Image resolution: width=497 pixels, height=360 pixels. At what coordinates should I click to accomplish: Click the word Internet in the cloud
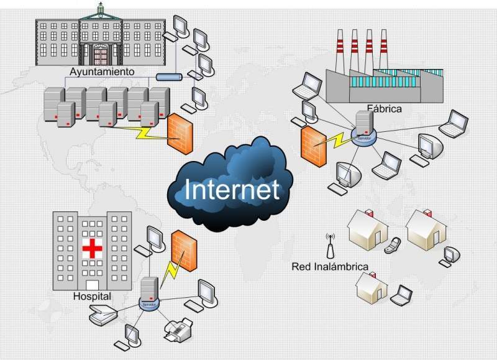click(x=232, y=190)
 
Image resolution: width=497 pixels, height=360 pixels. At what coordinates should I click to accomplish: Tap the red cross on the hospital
click(x=93, y=249)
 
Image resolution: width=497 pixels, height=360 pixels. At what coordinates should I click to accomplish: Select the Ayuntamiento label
click(x=102, y=72)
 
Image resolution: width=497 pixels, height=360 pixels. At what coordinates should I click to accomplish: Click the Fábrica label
click(x=384, y=108)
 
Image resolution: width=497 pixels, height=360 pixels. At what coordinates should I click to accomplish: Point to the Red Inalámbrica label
click(x=330, y=267)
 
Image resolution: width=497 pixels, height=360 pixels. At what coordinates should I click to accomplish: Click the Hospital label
click(x=92, y=297)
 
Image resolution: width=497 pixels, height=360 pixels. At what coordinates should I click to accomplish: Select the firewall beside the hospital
click(x=183, y=251)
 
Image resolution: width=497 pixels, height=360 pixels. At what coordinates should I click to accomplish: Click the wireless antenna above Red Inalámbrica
click(x=330, y=245)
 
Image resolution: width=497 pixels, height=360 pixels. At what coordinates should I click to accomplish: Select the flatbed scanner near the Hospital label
click(x=101, y=317)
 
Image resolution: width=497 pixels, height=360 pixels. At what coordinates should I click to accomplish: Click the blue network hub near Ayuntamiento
click(x=168, y=77)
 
